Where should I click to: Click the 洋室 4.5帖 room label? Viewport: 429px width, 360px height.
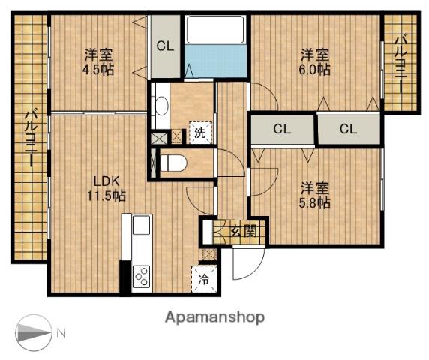pyautogui.click(x=98, y=62)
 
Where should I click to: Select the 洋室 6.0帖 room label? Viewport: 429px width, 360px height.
pyautogui.click(x=316, y=62)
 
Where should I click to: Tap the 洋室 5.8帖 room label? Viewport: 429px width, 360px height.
pyautogui.click(x=316, y=196)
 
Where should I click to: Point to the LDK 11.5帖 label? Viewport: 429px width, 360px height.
pyautogui.click(x=106, y=189)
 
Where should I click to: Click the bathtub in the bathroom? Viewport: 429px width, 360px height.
pyautogui.click(x=215, y=29)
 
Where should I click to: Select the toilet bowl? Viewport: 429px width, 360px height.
pyautogui.click(x=173, y=163)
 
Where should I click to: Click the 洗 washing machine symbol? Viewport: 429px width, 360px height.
pyautogui.click(x=200, y=133)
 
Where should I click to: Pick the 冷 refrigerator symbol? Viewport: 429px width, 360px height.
pyautogui.click(x=204, y=279)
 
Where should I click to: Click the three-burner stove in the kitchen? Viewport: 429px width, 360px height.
pyautogui.click(x=141, y=276)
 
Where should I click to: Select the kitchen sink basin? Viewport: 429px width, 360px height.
pyautogui.click(x=141, y=225)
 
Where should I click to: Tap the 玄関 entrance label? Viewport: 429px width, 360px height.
pyautogui.click(x=244, y=232)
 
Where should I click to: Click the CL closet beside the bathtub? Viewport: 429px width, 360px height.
pyautogui.click(x=165, y=46)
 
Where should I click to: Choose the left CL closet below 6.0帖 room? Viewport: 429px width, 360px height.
pyautogui.click(x=282, y=129)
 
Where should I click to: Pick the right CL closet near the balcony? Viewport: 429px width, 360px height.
pyautogui.click(x=349, y=129)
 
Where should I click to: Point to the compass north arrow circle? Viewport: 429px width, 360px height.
pyautogui.click(x=33, y=333)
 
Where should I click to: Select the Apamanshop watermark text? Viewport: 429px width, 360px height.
pyautogui.click(x=214, y=317)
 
